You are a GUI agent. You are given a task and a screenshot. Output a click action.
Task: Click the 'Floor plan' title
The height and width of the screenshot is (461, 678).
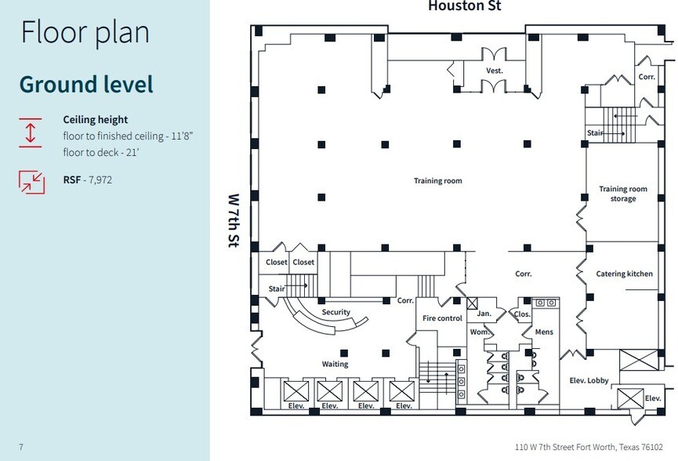point(85,33)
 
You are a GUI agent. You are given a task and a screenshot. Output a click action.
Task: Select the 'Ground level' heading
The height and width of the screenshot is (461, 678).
point(86,84)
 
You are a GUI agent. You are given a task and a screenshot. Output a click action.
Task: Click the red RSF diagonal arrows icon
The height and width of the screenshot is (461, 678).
point(31,181)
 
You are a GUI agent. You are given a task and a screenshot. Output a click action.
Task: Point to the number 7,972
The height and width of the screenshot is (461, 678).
point(100,180)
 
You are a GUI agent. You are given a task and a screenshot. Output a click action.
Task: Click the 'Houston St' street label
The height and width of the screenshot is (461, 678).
point(464,7)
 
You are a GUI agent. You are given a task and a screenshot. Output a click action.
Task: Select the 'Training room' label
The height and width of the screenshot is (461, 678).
point(438,181)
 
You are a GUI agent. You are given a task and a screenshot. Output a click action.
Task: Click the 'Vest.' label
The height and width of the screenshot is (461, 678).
point(494,71)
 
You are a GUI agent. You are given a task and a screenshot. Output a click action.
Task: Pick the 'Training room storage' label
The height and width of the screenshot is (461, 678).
point(623,194)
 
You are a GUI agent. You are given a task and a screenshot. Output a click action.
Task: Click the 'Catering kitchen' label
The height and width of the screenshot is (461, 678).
point(622,274)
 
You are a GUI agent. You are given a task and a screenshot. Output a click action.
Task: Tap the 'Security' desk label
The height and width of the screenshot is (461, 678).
point(335,312)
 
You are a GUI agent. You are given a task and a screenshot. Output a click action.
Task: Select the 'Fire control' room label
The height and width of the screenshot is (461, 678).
point(442,318)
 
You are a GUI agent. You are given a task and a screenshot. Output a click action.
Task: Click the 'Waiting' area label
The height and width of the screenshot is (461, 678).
point(335,364)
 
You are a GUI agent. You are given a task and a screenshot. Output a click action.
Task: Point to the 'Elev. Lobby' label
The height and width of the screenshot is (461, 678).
point(588,380)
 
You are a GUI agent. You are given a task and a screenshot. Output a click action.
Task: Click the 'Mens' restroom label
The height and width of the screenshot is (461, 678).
point(543,332)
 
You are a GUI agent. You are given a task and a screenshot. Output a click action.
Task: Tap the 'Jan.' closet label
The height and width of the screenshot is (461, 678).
point(484,314)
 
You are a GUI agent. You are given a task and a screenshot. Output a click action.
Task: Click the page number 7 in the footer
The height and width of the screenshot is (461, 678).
point(21,447)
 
